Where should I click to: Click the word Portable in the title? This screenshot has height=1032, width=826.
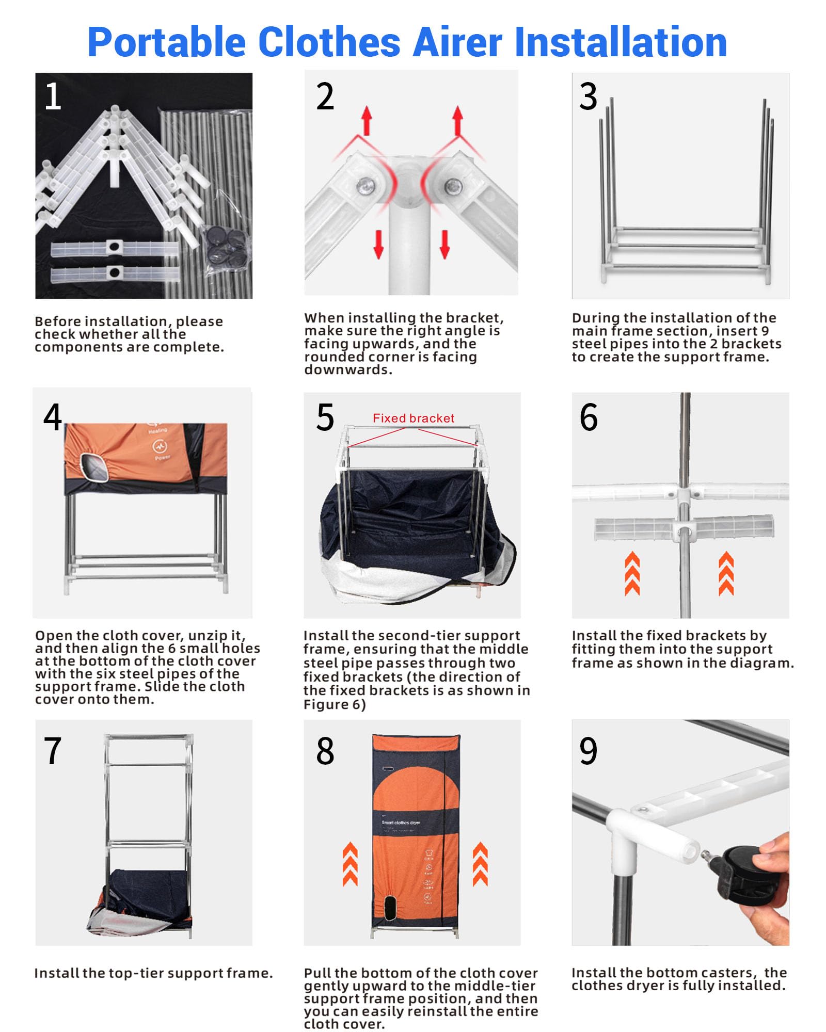(x=167, y=43)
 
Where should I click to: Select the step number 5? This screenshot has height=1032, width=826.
(x=325, y=417)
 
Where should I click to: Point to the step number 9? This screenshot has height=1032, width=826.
(x=589, y=751)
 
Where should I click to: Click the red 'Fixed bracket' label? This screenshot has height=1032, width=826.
(x=414, y=418)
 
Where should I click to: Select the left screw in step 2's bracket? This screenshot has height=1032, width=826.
(x=366, y=184)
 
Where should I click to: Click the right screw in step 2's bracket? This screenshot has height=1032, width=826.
(x=453, y=184)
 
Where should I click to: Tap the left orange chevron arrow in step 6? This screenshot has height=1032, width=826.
(x=632, y=573)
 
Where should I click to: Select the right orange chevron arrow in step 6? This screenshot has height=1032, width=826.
(x=726, y=573)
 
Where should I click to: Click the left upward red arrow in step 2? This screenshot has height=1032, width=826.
(x=367, y=121)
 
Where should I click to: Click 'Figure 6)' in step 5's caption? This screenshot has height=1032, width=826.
(x=335, y=705)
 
